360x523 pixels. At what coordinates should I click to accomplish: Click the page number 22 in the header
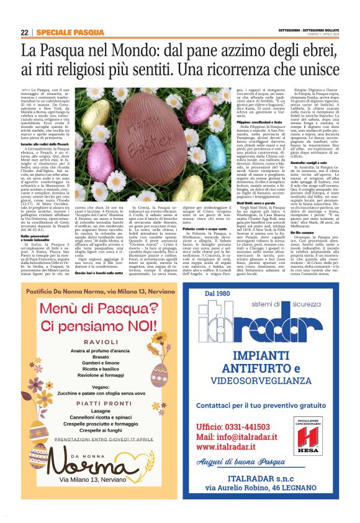(24, 32)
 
